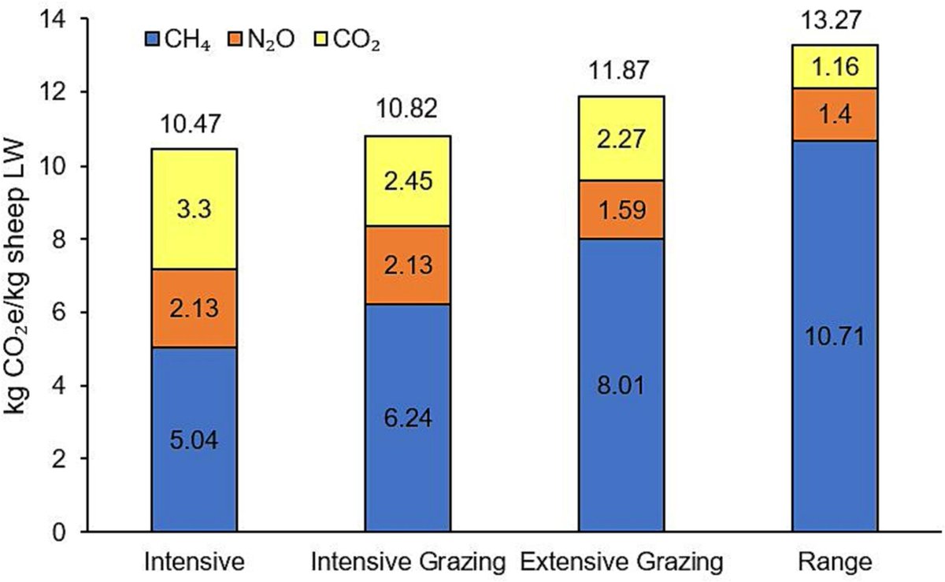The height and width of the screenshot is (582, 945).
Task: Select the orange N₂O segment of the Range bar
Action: [x=835, y=114]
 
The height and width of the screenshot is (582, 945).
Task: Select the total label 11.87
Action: [x=621, y=72]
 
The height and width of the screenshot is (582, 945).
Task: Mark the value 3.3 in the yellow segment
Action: [x=194, y=211]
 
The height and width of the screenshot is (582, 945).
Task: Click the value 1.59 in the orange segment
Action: [x=621, y=210]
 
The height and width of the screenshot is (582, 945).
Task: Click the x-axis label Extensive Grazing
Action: [x=621, y=563]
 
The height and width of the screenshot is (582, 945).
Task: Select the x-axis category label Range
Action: [x=835, y=563]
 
